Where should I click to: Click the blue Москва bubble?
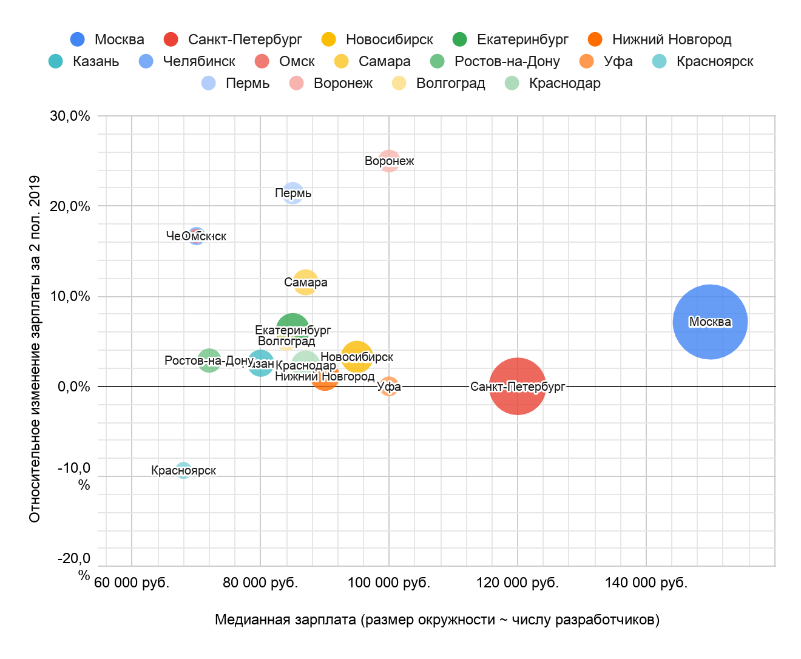[710, 322]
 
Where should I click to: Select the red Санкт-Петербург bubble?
[517, 387]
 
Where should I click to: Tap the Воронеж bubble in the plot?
[389, 161]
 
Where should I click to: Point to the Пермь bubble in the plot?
[293, 193]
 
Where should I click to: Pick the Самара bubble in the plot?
[306, 282]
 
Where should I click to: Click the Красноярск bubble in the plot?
[183, 470]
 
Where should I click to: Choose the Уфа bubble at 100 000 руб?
[389, 387]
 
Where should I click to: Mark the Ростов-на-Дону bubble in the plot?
[209, 360]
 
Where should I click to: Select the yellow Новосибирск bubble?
[357, 357]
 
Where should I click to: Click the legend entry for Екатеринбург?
[510, 39]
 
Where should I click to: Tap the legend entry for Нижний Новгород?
[660, 39]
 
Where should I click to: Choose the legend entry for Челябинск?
[187, 61]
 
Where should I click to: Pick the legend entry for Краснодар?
[552, 83]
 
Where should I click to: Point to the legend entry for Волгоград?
[438, 83]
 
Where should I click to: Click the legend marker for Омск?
[262, 61]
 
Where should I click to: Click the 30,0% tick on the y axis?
[70, 116]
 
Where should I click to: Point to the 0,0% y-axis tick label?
[73, 387]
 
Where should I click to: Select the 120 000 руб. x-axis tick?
[518, 583]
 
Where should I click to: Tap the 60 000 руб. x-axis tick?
[132, 583]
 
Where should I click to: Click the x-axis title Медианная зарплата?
[437, 620]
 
